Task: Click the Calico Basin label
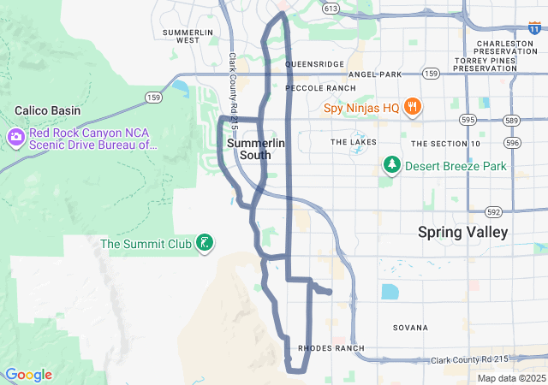point(49,110)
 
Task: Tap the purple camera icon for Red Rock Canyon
point(16,138)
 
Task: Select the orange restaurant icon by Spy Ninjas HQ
point(413,107)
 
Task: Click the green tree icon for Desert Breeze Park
point(392,164)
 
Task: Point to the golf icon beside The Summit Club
point(205,243)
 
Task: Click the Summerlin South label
point(249,149)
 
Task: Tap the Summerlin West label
point(181,36)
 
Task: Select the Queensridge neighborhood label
point(314,64)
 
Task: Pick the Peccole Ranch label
point(320,88)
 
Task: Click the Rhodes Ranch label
point(331,348)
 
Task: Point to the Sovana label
point(410,328)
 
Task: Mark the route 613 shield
point(331,9)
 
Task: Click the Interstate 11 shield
point(509,29)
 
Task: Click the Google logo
point(28,375)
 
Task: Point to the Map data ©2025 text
point(510,378)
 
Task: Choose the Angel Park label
point(375,74)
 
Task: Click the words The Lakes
point(354,142)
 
